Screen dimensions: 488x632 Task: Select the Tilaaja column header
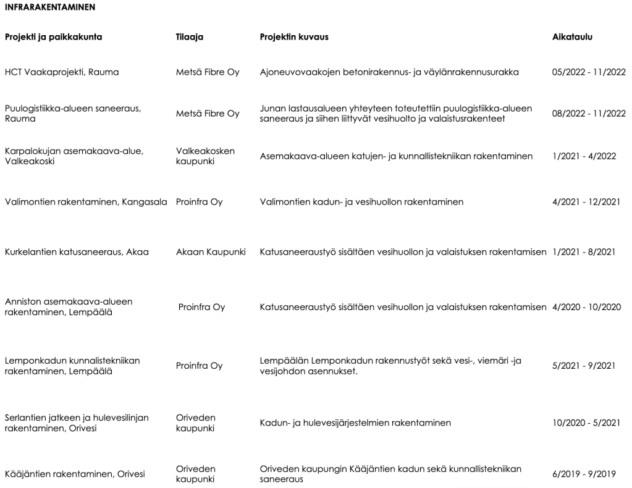190,37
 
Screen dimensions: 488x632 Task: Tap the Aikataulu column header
572,37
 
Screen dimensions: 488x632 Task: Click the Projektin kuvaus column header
294,37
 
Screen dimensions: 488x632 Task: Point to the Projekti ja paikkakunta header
54,37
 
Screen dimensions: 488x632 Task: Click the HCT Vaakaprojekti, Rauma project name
62,72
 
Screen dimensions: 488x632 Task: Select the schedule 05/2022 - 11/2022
589,72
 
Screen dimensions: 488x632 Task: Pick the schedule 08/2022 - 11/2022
589,114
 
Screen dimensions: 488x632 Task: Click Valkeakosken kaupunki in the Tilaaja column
196,156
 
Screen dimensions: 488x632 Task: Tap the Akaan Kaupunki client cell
211,252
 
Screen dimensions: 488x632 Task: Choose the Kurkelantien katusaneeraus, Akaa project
77,252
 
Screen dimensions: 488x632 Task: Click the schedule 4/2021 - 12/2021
586,202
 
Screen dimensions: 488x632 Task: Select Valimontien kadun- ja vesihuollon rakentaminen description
361,202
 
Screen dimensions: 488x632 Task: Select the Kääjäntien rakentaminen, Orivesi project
75,474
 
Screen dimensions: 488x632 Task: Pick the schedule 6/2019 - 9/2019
584,474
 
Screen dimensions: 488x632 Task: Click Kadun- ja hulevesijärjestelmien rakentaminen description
355,423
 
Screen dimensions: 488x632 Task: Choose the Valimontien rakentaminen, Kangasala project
86,202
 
